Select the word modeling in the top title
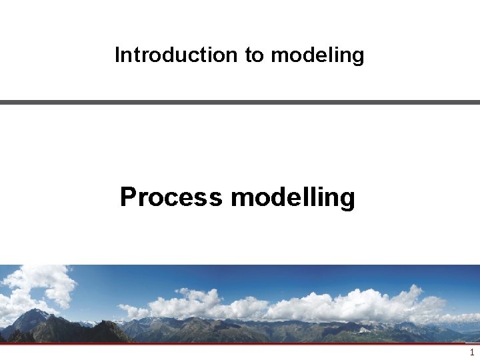pyautogui.click(x=317, y=55)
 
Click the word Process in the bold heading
pyautogui.click(x=171, y=197)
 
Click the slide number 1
pyautogui.click(x=472, y=353)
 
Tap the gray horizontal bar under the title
pyautogui.click(x=240, y=102)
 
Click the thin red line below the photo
pyautogui.click(x=240, y=344)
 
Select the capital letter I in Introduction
pyautogui.click(x=117, y=55)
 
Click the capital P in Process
pyautogui.click(x=128, y=197)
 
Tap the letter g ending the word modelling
pyautogui.click(x=347, y=200)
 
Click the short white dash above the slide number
pyautogui.click(x=472, y=345)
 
